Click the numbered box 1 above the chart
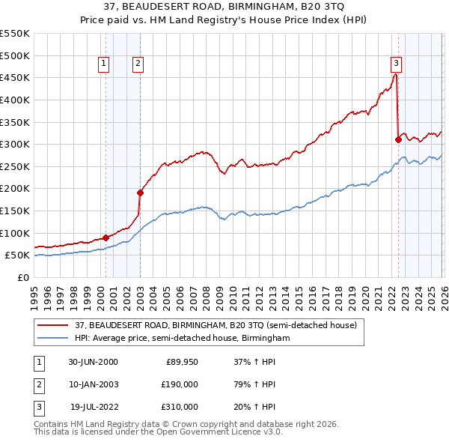coord(103,64)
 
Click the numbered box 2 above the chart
coord(139,64)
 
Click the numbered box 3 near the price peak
coord(396,64)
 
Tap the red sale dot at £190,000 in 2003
coord(140,193)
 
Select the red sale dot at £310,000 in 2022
coord(398,139)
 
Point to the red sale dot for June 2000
coord(106,237)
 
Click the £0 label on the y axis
coord(22,277)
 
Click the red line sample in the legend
coord(52,325)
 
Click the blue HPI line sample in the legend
coord(52,339)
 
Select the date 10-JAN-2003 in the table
coord(93,384)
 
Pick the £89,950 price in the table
coord(182,362)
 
